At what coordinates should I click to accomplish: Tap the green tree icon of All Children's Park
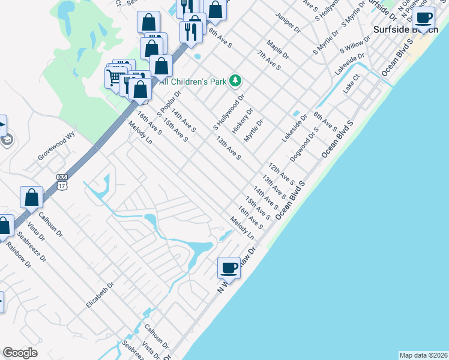coord(236,80)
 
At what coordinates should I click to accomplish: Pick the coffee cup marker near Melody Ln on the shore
coord(229,268)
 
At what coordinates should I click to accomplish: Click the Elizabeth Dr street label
coord(100,296)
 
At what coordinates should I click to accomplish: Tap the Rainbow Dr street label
coord(17,255)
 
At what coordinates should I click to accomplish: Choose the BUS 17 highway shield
coord(62,181)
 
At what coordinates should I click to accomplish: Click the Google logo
coord(20,353)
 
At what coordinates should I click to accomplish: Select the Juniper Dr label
coord(286,22)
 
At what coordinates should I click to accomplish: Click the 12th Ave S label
coord(281,173)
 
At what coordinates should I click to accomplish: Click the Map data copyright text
coord(423,355)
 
